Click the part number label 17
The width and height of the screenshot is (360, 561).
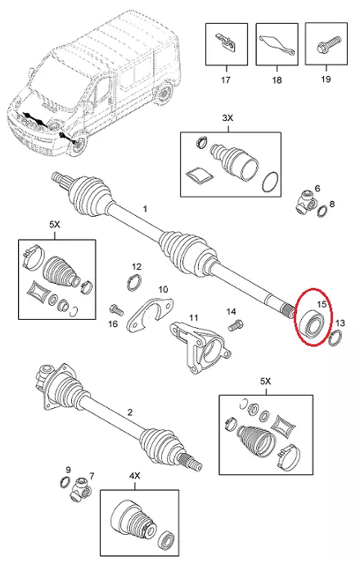coord(226,80)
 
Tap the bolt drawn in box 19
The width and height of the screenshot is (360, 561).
coord(326,44)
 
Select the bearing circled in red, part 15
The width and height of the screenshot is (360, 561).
coord(313,324)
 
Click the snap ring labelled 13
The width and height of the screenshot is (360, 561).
coord(335,338)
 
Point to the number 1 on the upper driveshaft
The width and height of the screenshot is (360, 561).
coord(145,209)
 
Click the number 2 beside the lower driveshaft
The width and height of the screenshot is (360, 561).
coord(129,412)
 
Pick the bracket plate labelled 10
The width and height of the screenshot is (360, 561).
coord(150,312)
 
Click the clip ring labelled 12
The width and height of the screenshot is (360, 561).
coord(134,282)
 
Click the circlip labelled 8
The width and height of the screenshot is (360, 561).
coord(322,212)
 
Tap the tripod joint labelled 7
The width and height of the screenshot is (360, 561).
coord(79,489)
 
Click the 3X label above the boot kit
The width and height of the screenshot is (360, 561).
coord(227,118)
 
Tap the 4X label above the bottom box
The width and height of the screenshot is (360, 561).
coord(134,476)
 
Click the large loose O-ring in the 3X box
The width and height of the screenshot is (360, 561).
coord(271,182)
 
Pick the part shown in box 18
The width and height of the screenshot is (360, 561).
coord(277,44)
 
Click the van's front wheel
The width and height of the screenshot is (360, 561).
coord(78,143)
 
